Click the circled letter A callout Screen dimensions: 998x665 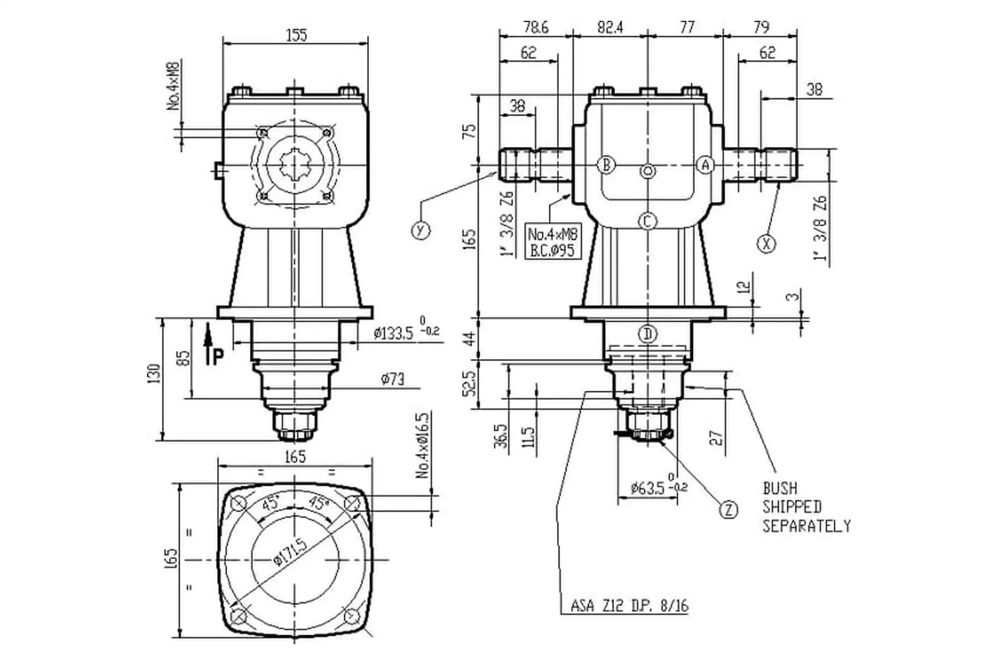coord(705,165)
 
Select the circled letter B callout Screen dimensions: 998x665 coord(606,165)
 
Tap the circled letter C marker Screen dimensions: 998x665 coord(647,221)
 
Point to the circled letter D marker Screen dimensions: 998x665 coord(648,334)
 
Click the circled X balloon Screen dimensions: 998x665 coord(766,243)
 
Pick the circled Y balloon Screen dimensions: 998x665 coord(421,230)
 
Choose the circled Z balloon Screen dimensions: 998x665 coord(729,510)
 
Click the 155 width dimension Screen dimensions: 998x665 coord(296,35)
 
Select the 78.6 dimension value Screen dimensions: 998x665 coord(535,27)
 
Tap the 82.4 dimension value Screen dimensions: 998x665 coord(610,27)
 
